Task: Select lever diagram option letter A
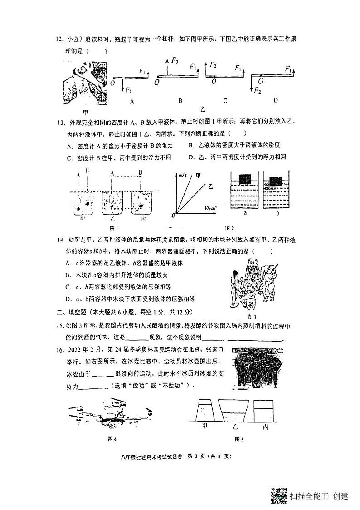click(132, 102)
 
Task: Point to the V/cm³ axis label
click(210, 207)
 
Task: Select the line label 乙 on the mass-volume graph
click(210, 186)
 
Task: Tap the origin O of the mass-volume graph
click(173, 214)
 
